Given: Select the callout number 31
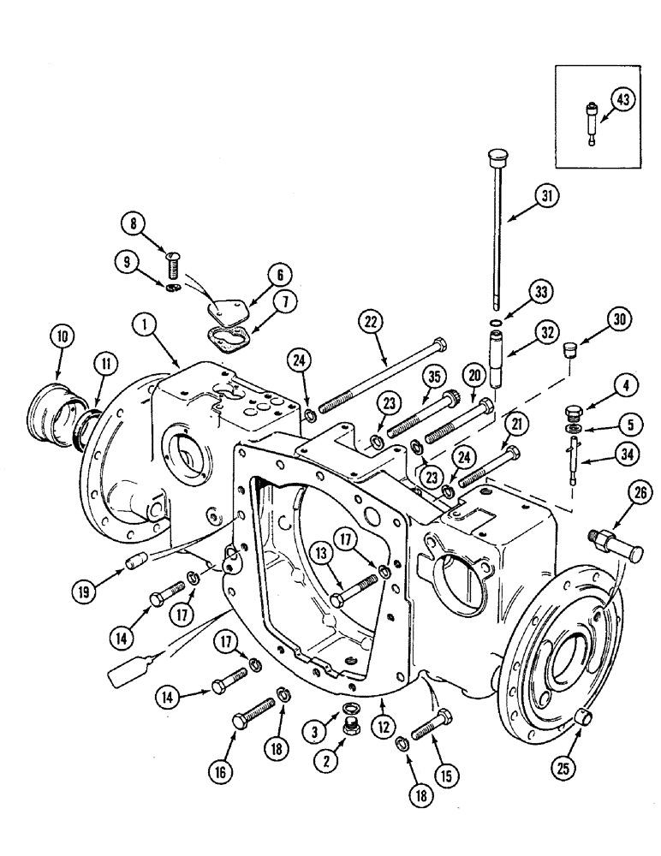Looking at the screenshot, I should click(546, 196).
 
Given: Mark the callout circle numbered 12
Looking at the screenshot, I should click(383, 727).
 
